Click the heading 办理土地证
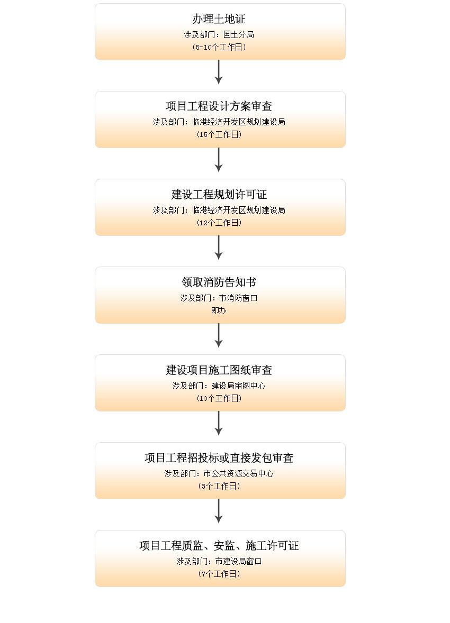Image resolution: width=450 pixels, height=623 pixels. point(219,19)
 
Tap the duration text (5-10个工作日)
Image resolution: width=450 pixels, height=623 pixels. point(219,47)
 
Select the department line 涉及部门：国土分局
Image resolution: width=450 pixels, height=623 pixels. point(219,34)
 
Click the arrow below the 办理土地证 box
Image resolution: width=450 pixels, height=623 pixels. point(219,72)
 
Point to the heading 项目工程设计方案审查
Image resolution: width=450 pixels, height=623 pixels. point(219,106)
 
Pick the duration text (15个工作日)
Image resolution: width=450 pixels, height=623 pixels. point(219,134)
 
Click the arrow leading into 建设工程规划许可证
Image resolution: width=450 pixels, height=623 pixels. point(219,160)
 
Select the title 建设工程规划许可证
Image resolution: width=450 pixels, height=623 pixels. point(219,194)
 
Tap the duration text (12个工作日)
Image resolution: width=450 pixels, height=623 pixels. point(219,223)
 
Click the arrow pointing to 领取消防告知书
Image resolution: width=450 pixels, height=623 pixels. point(219,248)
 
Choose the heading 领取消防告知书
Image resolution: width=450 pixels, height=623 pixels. point(219,282)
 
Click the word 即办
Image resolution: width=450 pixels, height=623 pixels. point(219,310)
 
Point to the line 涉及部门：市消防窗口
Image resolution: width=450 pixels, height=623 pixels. point(219,298)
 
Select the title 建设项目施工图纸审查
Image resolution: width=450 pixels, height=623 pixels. point(219,370)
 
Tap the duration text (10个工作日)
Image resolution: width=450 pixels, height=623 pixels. point(219,398)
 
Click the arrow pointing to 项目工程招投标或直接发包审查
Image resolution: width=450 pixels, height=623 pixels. point(219,423)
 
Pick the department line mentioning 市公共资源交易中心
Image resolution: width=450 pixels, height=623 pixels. point(219,473)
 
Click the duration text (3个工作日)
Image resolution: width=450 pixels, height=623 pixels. point(219,486)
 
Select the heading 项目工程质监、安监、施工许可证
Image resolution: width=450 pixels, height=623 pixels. point(219,546)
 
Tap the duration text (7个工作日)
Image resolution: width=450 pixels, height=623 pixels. point(219,574)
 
